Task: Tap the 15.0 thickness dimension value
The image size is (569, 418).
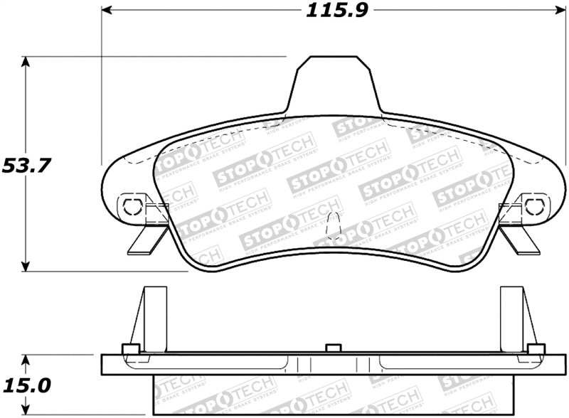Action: (26, 385)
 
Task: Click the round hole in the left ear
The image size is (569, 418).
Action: (132, 206)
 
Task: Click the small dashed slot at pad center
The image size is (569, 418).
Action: (331, 227)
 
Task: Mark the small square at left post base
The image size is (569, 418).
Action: (129, 348)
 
